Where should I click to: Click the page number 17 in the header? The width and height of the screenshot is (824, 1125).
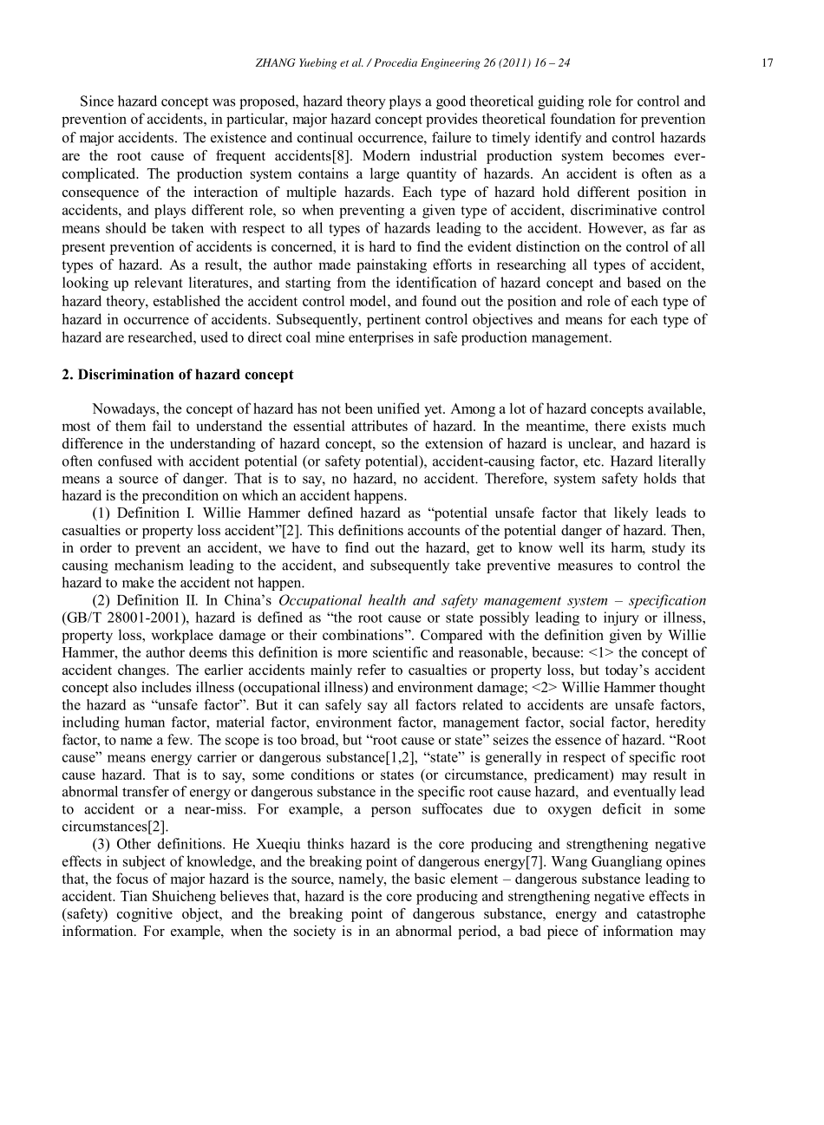click(x=767, y=62)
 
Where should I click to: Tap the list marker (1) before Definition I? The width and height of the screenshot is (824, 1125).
click(x=101, y=513)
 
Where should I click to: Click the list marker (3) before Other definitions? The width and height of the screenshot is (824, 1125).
click(x=101, y=844)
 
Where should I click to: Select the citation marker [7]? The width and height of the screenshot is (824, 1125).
click(x=530, y=861)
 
